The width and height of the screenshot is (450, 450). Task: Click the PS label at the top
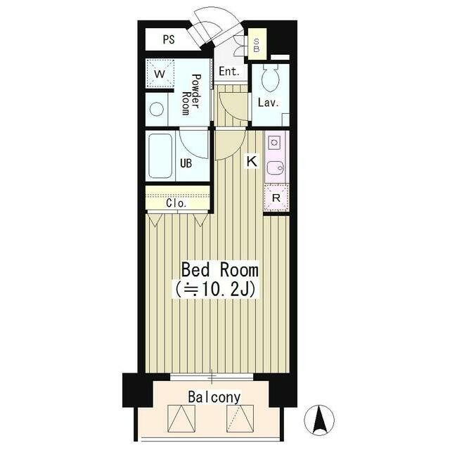(x=169, y=39)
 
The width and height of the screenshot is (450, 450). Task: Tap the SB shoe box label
(x=256, y=45)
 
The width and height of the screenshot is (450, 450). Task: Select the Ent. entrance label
(x=229, y=71)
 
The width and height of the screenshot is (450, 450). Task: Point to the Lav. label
(x=269, y=103)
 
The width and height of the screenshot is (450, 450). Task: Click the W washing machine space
(x=160, y=73)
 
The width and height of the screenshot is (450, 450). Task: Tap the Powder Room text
(x=191, y=94)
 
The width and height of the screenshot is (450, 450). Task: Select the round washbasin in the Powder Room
(x=157, y=109)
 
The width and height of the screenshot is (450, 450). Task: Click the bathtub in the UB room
(x=160, y=156)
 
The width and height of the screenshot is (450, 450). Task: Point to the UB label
(x=186, y=163)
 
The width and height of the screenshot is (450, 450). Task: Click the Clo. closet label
(x=176, y=203)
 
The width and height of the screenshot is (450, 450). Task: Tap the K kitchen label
(x=252, y=161)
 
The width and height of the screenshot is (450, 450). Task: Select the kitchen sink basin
(x=275, y=167)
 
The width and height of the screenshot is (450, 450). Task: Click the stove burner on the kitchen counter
(x=274, y=142)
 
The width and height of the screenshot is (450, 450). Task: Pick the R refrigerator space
(x=276, y=198)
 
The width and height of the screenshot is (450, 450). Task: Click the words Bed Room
(x=220, y=270)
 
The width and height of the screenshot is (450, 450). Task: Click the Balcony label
(x=214, y=397)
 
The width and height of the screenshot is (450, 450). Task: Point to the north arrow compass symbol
(x=319, y=420)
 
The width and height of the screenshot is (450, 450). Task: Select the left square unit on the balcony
(x=181, y=418)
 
